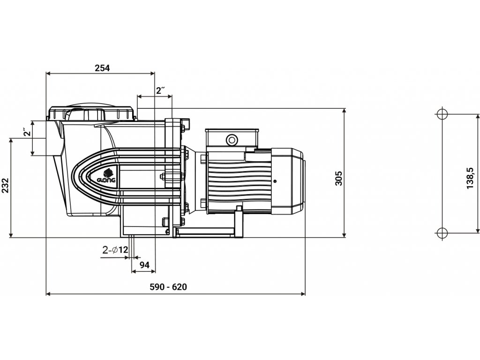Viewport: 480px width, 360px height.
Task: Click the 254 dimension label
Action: click(102, 68)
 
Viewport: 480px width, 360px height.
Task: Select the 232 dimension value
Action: click(6, 185)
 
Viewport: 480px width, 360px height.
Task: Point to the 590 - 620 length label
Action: click(168, 287)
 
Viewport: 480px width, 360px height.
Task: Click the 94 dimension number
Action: click(144, 265)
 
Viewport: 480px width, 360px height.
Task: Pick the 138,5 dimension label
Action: click(470, 178)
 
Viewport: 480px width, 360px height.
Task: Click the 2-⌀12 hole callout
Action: click(115, 250)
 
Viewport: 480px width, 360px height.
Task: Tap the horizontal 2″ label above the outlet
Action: click(160, 90)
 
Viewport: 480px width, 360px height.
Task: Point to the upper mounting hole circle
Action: click(442, 114)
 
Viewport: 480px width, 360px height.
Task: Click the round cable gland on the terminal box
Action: click(232, 140)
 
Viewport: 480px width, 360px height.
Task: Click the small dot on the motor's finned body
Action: click(275, 181)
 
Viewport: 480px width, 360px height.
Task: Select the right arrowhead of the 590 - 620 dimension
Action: click(303, 294)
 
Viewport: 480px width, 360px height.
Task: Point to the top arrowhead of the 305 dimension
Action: click(345, 111)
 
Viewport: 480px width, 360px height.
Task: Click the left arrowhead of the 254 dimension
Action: click(48, 73)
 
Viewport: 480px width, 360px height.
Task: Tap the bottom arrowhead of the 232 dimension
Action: click(11, 234)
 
